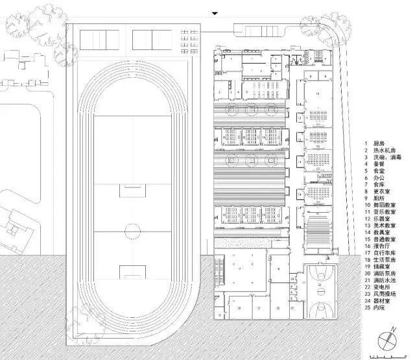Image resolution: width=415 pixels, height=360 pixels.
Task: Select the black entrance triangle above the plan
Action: click(215, 13)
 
